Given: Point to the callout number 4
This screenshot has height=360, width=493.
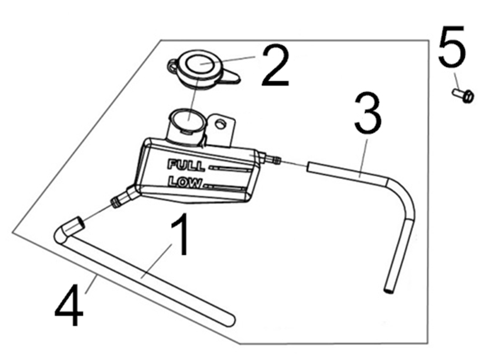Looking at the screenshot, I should point(69,305).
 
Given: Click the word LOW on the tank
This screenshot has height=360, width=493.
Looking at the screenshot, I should point(184,182).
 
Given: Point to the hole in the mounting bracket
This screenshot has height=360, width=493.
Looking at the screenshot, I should point(221,124).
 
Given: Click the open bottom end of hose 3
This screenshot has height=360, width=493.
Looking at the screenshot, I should point(388,289).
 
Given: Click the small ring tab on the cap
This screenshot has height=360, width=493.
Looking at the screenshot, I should point(172,65).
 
